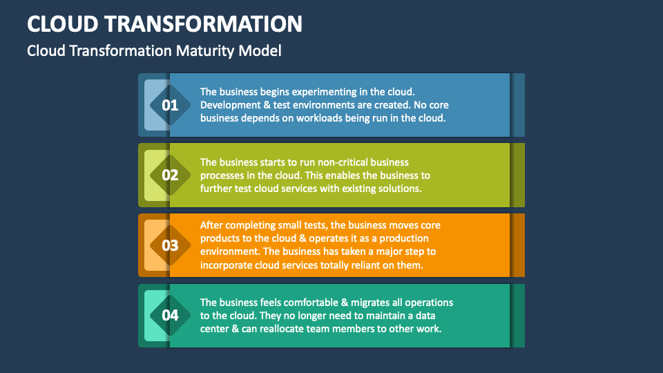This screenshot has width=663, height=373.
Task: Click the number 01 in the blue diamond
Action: coord(170,105)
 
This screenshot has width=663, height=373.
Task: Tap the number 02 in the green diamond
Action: coord(170,175)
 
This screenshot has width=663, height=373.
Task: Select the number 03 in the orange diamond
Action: coord(170,245)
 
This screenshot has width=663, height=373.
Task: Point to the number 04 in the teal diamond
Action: coord(170,315)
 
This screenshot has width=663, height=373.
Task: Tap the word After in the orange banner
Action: coord(211,225)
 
